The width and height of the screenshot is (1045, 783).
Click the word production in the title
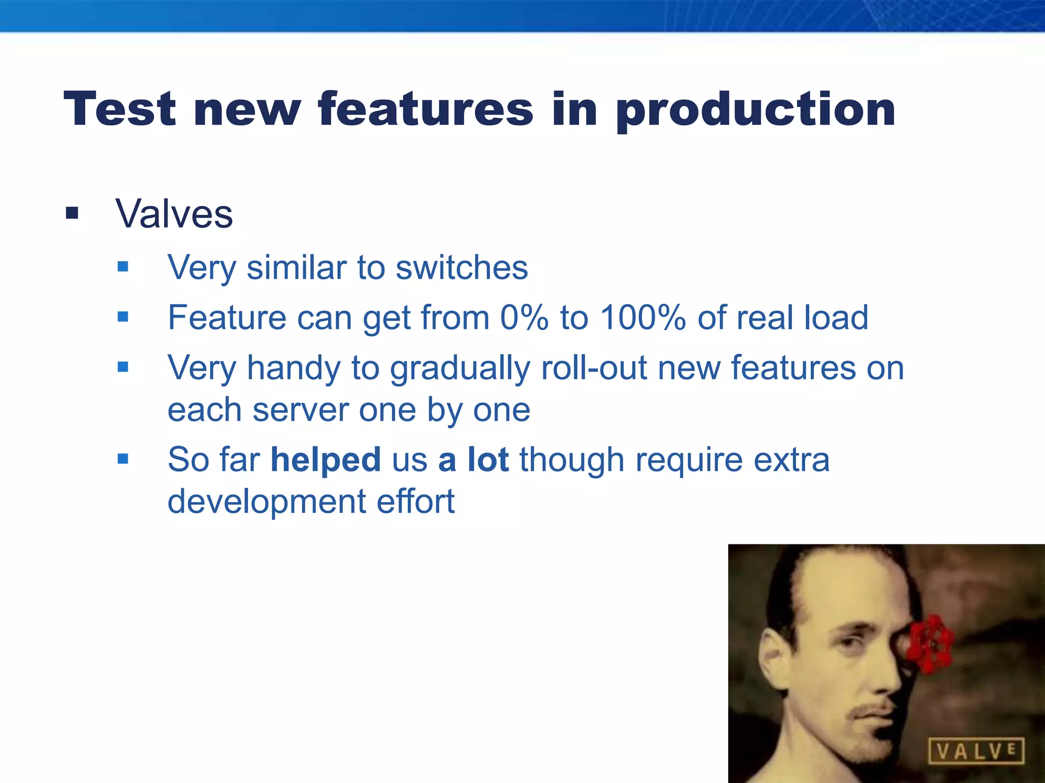point(755,110)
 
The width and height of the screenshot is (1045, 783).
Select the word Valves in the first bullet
point(174,214)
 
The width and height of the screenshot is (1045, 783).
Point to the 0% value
point(524,317)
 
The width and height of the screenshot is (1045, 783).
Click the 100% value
point(642,317)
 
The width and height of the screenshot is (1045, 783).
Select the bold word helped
point(326,459)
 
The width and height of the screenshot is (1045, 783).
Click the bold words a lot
point(473,459)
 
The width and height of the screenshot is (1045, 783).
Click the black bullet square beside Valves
point(72,213)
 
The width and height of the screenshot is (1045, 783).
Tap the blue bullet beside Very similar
point(122,266)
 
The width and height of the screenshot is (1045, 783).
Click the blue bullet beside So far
point(122,459)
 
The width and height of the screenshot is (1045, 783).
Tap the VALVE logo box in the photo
point(975,751)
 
